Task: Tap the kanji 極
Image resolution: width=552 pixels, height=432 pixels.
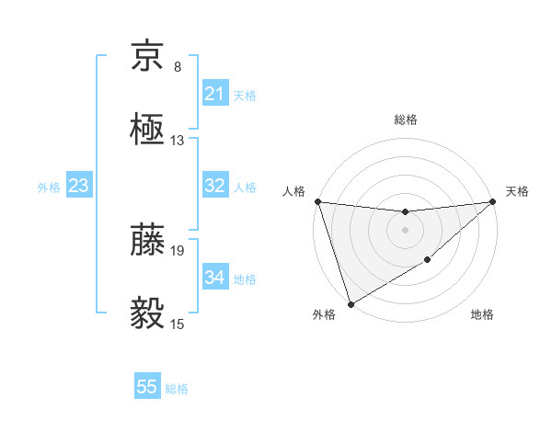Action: pyautogui.click(x=147, y=130)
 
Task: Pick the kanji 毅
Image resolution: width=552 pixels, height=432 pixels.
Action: pyautogui.click(x=147, y=313)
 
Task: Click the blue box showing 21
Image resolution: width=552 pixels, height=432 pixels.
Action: pyautogui.click(x=214, y=94)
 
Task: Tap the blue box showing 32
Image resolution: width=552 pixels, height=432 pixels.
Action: pyautogui.click(x=214, y=186)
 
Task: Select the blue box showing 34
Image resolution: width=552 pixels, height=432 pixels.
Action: pyautogui.click(x=214, y=278)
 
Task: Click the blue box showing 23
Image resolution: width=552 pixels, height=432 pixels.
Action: pyautogui.click(x=78, y=186)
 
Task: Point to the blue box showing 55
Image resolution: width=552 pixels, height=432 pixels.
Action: pyautogui.click(x=147, y=387)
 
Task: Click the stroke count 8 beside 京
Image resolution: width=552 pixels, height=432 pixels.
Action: pyautogui.click(x=178, y=67)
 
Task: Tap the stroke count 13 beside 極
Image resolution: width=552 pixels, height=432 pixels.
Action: pyautogui.click(x=178, y=141)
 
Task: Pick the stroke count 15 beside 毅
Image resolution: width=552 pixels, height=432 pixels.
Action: pyautogui.click(x=178, y=324)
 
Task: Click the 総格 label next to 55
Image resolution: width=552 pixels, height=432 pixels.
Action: pyautogui.click(x=177, y=389)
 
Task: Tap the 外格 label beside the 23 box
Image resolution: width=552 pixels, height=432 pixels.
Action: pyautogui.click(x=49, y=188)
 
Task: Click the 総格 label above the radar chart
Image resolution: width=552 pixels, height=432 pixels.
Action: pyautogui.click(x=405, y=119)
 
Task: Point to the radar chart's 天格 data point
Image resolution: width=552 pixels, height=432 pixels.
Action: pyautogui.click(x=493, y=201)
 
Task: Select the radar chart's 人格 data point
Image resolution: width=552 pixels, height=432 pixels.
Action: pyautogui.click(x=317, y=201)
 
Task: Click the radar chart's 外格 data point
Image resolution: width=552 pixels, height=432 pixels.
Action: pyautogui.click(x=351, y=303)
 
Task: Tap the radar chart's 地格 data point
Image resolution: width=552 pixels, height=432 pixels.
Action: pyautogui.click(x=429, y=262)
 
